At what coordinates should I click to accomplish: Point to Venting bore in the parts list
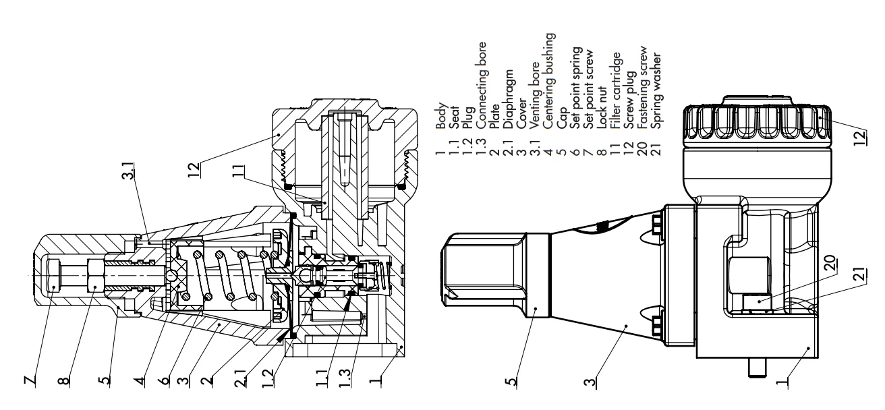[x=536, y=129]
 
